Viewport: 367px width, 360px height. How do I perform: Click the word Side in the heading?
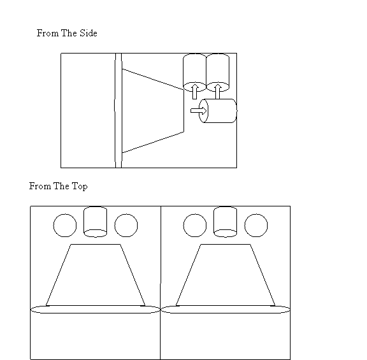click(88, 33)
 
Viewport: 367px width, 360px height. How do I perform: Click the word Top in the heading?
click(80, 187)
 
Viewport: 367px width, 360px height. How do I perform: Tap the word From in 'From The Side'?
click(48, 33)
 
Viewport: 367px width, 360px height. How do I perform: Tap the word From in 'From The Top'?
click(40, 186)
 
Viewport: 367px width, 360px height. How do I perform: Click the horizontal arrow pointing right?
click(199, 111)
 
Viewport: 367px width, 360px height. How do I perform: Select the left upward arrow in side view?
click(195, 92)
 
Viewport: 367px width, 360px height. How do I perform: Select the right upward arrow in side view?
click(218, 92)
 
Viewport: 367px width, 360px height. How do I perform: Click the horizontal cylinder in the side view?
click(218, 111)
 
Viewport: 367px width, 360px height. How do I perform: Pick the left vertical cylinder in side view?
click(194, 73)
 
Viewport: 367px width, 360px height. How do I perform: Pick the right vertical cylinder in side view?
click(217, 73)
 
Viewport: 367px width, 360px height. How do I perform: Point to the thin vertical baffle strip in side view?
click(119, 110)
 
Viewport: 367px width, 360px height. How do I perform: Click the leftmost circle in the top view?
click(65, 226)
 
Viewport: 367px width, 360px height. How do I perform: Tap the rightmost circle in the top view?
click(256, 226)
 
